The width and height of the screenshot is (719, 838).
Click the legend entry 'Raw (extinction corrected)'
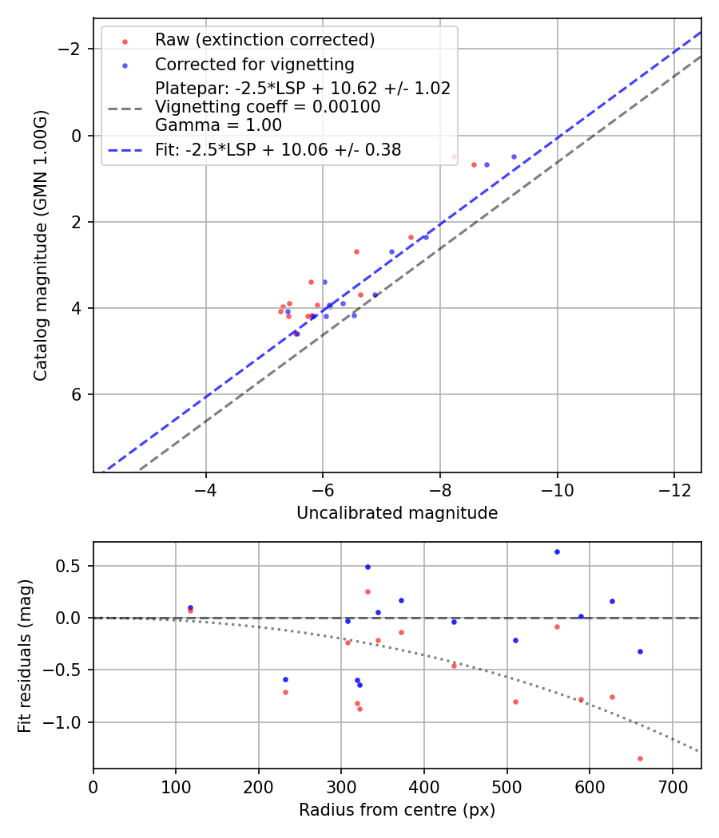pyautogui.click(x=264, y=40)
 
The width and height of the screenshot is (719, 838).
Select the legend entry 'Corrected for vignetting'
pyautogui.click(x=254, y=64)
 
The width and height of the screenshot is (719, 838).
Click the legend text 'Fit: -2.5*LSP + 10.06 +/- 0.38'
pyautogui.click(x=278, y=149)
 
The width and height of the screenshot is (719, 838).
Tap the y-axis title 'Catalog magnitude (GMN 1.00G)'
pyautogui.click(x=41, y=245)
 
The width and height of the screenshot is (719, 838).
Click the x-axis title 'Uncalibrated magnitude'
pyautogui.click(x=397, y=513)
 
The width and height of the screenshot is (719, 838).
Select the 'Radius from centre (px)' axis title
pyautogui.click(x=397, y=810)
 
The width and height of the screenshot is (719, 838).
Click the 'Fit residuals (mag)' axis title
pyautogui.click(x=25, y=655)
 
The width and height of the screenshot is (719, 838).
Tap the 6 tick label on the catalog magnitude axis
pyautogui.click(x=77, y=394)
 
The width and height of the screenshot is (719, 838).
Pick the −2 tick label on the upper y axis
pyautogui.click(x=72, y=49)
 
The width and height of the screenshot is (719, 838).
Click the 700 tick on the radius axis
pyautogui.click(x=672, y=785)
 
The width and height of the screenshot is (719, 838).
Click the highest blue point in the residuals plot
pyautogui.click(x=557, y=551)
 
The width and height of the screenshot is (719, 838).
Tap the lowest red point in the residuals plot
pyautogui.click(x=640, y=758)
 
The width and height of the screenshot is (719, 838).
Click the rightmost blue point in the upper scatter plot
pyautogui.click(x=514, y=156)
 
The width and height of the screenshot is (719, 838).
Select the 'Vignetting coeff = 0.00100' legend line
pyautogui.click(x=268, y=107)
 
